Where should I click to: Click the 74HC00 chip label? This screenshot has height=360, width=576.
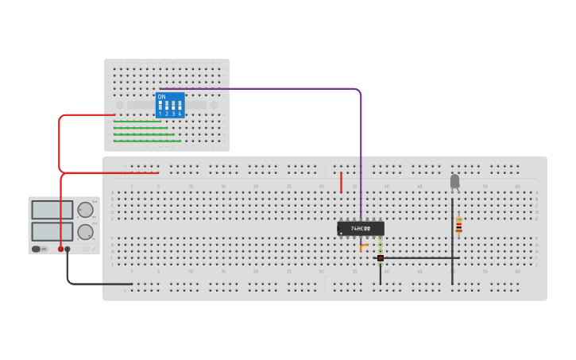[361, 228]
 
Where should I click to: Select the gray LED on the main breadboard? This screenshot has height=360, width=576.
[454, 182]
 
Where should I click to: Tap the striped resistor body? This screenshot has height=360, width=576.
[458, 226]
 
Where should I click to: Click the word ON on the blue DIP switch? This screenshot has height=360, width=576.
[162, 97]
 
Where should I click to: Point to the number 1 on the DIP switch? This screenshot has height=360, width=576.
[160, 114]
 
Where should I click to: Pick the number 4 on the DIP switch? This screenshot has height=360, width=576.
[180, 114]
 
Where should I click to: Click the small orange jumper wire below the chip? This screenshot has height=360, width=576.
[363, 246]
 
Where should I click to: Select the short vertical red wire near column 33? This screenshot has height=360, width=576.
[342, 183]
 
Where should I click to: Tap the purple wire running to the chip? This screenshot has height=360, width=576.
[361, 143]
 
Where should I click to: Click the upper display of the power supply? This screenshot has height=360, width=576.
[52, 210]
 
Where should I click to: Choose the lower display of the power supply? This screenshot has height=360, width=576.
[52, 231]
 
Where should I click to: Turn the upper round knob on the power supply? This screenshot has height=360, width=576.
[85, 210]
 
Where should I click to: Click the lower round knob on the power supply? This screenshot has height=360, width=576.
[85, 232]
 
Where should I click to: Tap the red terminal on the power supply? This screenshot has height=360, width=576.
[60, 249]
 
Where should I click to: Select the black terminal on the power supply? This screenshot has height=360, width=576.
[68, 249]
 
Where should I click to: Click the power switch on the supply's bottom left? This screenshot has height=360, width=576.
[37, 249]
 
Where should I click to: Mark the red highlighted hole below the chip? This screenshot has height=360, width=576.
[381, 258]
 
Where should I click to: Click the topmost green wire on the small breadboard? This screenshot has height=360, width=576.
[137, 121]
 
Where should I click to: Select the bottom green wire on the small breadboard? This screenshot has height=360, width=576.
[147, 141]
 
